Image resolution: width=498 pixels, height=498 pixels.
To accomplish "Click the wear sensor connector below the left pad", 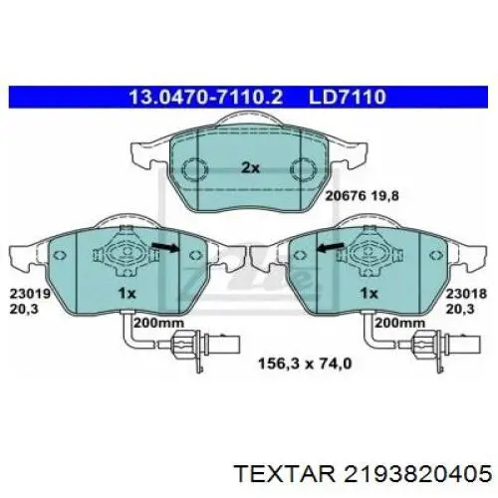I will click(186, 348).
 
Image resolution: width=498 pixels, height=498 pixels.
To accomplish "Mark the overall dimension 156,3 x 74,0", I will click(296, 365).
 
